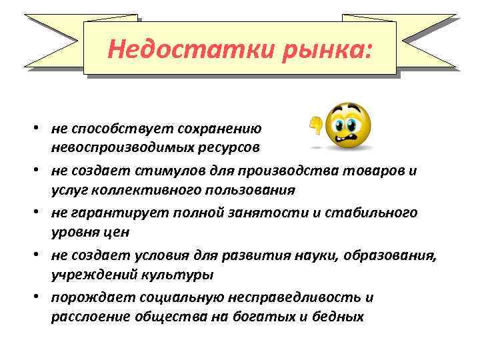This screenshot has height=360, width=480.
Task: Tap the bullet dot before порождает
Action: (x=41, y=298)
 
